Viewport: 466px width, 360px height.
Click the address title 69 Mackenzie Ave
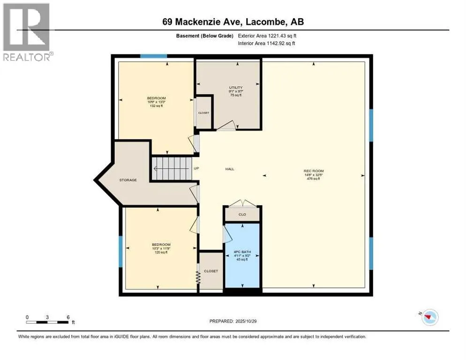pyautogui.click(x=233, y=22)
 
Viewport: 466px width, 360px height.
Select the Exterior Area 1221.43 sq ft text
pyautogui.click(x=268, y=35)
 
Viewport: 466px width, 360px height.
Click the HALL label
pyautogui.click(x=229, y=169)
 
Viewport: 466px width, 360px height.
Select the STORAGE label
pyautogui.click(x=128, y=180)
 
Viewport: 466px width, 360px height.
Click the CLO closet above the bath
pyautogui.click(x=242, y=215)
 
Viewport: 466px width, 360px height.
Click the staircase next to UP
pyautogui.click(x=171, y=168)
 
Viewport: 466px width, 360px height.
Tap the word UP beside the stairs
pyautogui.click(x=197, y=169)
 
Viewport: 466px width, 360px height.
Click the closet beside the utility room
pyautogui.click(x=203, y=112)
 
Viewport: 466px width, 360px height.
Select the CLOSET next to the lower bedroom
pyautogui.click(x=211, y=271)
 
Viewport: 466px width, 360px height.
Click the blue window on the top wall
pyautogui.click(x=154, y=56)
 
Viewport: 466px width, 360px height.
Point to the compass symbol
pyautogui.click(x=429, y=317)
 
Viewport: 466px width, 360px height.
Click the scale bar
pyautogui.click(x=48, y=322)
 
